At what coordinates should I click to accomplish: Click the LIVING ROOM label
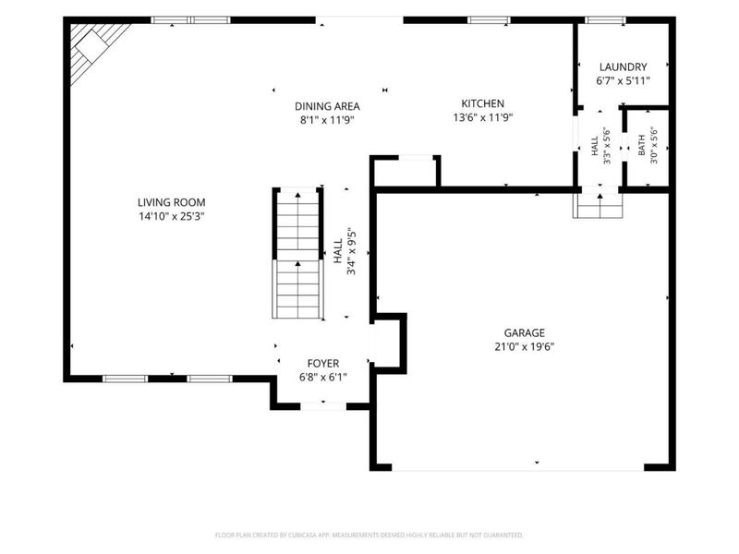click(x=172, y=202)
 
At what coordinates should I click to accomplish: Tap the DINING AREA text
click(x=327, y=106)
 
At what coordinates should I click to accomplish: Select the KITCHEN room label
click(x=482, y=103)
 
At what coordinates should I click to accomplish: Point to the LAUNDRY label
click(x=623, y=66)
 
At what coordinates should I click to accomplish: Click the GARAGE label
click(x=525, y=333)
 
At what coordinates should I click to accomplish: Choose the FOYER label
click(x=323, y=364)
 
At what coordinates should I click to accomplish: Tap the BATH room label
click(x=641, y=146)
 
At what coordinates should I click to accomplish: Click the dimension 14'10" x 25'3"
click(x=172, y=217)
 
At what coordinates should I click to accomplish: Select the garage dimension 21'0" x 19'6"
click(x=525, y=347)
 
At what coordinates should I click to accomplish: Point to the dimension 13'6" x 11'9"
click(x=482, y=118)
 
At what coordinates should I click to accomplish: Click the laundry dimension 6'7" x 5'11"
click(x=623, y=81)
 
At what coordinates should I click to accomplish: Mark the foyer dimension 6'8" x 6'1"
click(x=323, y=378)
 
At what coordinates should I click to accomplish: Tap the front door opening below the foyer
click(x=323, y=406)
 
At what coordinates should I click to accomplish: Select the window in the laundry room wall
click(x=606, y=20)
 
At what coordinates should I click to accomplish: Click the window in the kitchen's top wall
click(x=489, y=20)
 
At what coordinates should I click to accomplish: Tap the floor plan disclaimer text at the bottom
click(x=369, y=536)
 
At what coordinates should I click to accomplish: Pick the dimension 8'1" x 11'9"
click(x=327, y=121)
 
